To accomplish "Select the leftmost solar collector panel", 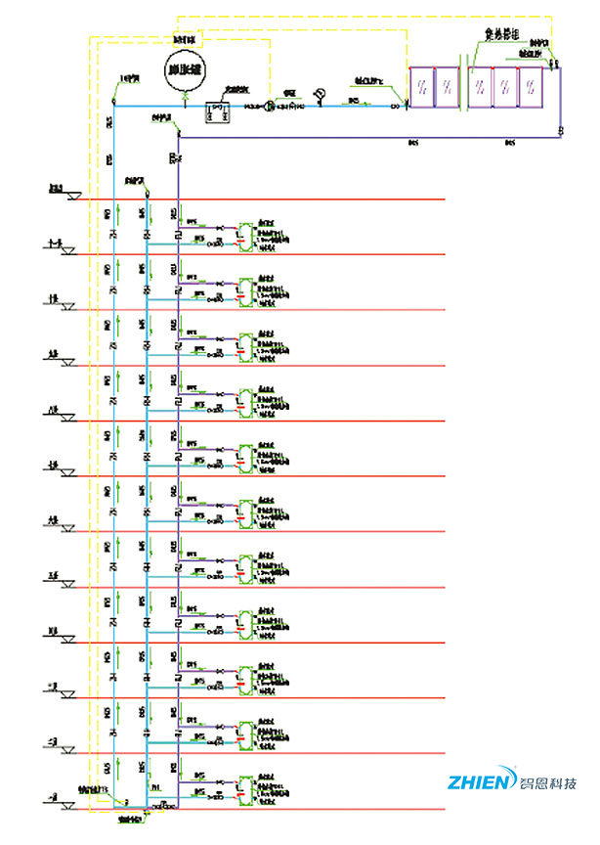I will pos(421,86).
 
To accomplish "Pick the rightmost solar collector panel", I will pos(531,86).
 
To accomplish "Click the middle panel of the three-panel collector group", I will pos(505,86).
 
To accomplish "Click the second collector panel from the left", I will pos(448,86).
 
